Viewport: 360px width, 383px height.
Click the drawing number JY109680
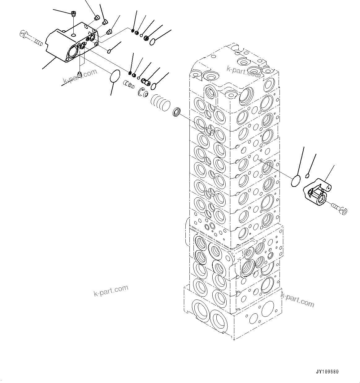point(327,372)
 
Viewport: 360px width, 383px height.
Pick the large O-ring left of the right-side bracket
point(296,181)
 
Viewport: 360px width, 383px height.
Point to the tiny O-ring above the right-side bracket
point(307,176)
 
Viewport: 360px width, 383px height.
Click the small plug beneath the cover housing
point(79,74)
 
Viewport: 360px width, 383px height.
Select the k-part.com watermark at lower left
point(111,290)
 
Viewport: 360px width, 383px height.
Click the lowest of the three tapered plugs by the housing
point(109,32)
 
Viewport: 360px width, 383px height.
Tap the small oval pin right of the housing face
point(109,50)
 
